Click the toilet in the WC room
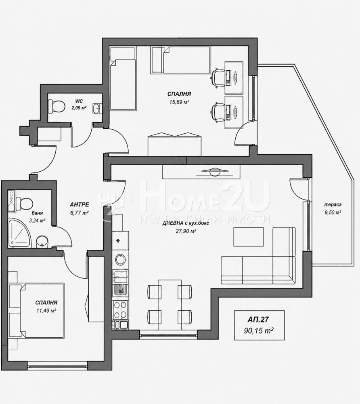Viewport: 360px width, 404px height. [x=57, y=106]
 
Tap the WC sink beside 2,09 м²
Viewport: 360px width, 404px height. [x=97, y=108]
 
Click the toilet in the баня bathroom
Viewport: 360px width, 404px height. [x=25, y=204]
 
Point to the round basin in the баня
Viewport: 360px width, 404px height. [x=42, y=242]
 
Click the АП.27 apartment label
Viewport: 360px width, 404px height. [x=258, y=320]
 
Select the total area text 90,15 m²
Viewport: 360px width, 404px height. [x=259, y=330]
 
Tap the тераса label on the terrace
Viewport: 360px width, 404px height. [x=333, y=204]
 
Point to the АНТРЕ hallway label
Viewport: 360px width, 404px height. [x=80, y=204]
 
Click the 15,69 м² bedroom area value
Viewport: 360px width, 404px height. [x=179, y=102]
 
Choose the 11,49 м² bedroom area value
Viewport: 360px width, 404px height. [x=46, y=310]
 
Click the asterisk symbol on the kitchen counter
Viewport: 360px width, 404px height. [x=118, y=241]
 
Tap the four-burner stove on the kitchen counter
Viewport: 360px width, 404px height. [x=120, y=310]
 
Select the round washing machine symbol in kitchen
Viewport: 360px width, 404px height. [x=120, y=259]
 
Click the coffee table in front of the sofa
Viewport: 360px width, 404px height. [x=248, y=236]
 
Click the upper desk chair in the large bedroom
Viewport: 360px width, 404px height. [x=218, y=78]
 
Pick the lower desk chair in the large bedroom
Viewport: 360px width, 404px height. [x=218, y=112]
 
